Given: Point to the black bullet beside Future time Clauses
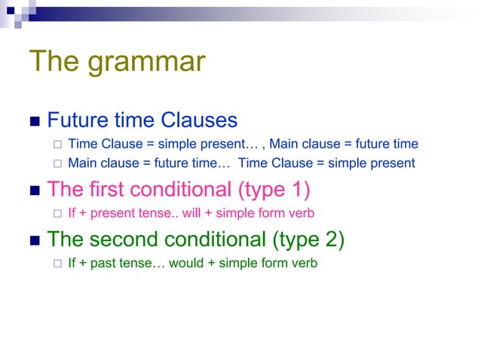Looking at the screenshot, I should pyautogui.click(x=34, y=122).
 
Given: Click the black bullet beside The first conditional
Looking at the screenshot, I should pyautogui.click(x=34, y=190).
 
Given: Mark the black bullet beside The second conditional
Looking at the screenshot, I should pyautogui.click(x=34, y=241).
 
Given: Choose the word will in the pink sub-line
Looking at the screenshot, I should pyautogui.click(x=193, y=213).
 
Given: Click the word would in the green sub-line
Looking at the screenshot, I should pyautogui.click(x=192, y=264).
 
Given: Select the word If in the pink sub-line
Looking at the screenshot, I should pyautogui.click(x=72, y=213).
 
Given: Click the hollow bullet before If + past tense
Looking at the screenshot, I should pyautogui.click(x=55, y=264).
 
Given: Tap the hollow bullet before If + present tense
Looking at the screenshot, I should pyautogui.click(x=55, y=214).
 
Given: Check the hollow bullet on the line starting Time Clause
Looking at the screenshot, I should pyautogui.click(x=55, y=145).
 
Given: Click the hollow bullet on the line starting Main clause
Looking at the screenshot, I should pyautogui.click(x=55, y=163).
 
